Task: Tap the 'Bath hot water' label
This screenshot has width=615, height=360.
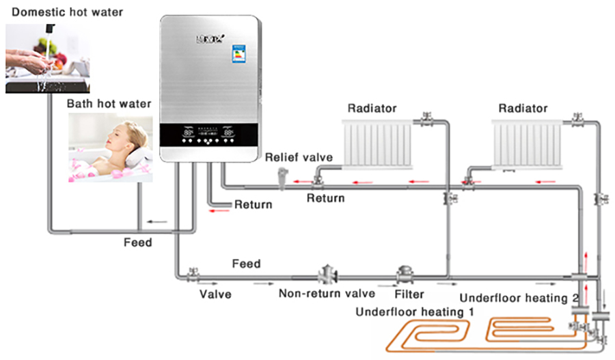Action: (x=109, y=104)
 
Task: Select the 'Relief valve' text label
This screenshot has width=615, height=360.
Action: (x=299, y=158)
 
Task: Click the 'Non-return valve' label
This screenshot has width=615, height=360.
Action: (x=327, y=294)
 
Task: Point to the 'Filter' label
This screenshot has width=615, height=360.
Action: (x=409, y=294)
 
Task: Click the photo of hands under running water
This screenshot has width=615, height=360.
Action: (x=46, y=58)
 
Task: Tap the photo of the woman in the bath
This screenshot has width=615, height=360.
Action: (x=110, y=148)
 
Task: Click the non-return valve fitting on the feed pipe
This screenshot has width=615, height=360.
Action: (x=326, y=275)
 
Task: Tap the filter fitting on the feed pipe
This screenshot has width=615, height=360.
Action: (x=407, y=275)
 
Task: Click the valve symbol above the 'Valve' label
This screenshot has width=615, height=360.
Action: (x=192, y=275)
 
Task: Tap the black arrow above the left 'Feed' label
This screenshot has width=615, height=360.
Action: (x=159, y=221)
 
